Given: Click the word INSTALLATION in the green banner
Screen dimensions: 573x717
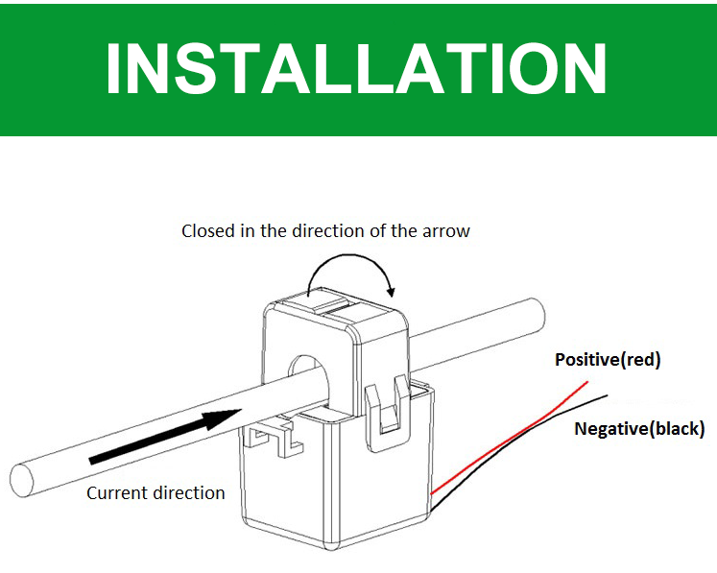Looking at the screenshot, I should click(357, 68).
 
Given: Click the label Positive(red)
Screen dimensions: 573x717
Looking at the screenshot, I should click(608, 361).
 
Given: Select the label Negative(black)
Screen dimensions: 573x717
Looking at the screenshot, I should click(639, 428).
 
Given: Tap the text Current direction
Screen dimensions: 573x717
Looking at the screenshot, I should click(155, 493).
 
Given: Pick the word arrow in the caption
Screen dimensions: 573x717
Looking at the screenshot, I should click(447, 231).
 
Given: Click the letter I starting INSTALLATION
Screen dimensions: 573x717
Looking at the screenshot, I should click(115, 68).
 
